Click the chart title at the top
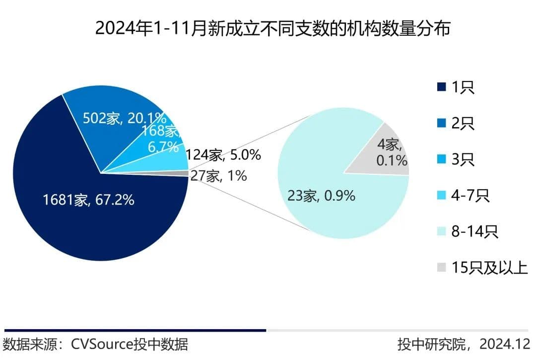point(272,28)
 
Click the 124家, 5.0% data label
point(223,155)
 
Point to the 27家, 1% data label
point(218,175)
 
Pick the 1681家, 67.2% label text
point(88,201)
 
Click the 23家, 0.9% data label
point(321,196)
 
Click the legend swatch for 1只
point(441,87)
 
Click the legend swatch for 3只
point(441,159)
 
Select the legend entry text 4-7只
point(470,196)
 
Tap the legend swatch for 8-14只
point(441,231)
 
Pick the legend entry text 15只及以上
point(489,268)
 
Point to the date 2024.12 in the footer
point(506,344)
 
